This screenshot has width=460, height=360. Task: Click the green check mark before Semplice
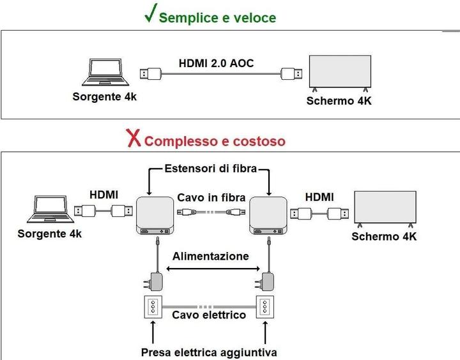(151, 15)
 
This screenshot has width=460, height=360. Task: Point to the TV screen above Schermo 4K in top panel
(339, 71)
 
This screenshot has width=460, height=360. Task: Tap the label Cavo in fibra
(210, 197)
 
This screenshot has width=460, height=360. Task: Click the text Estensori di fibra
(211, 170)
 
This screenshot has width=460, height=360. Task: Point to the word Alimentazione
(210, 256)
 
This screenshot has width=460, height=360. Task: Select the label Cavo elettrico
(209, 315)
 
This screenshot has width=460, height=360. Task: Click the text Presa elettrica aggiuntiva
(209, 352)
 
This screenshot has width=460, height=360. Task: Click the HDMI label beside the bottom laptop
(103, 193)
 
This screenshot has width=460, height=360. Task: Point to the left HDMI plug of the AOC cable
(151, 73)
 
